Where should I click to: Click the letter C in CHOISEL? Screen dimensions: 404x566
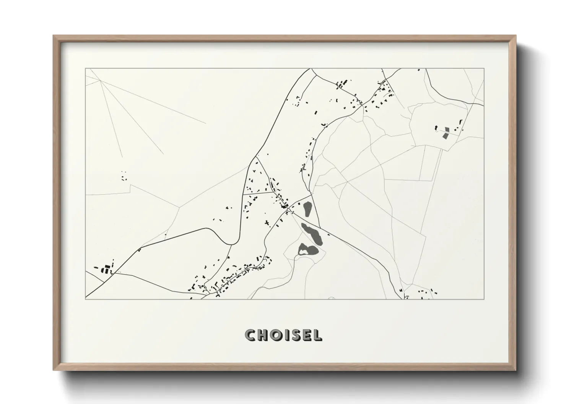click(251, 335)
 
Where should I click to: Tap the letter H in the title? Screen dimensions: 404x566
click(263, 335)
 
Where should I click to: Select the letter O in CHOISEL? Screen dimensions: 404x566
click(276, 335)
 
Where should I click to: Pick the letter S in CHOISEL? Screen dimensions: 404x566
click(294, 335)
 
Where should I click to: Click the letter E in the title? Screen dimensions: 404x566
click(306, 335)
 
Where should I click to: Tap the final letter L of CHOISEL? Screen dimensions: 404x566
click(317, 335)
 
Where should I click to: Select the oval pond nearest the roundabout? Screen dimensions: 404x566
click(307, 208)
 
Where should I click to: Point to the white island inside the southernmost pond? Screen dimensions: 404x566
click(304, 252)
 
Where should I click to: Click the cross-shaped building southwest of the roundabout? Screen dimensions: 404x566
click(267, 223)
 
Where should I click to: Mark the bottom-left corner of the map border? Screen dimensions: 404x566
click(86, 299)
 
